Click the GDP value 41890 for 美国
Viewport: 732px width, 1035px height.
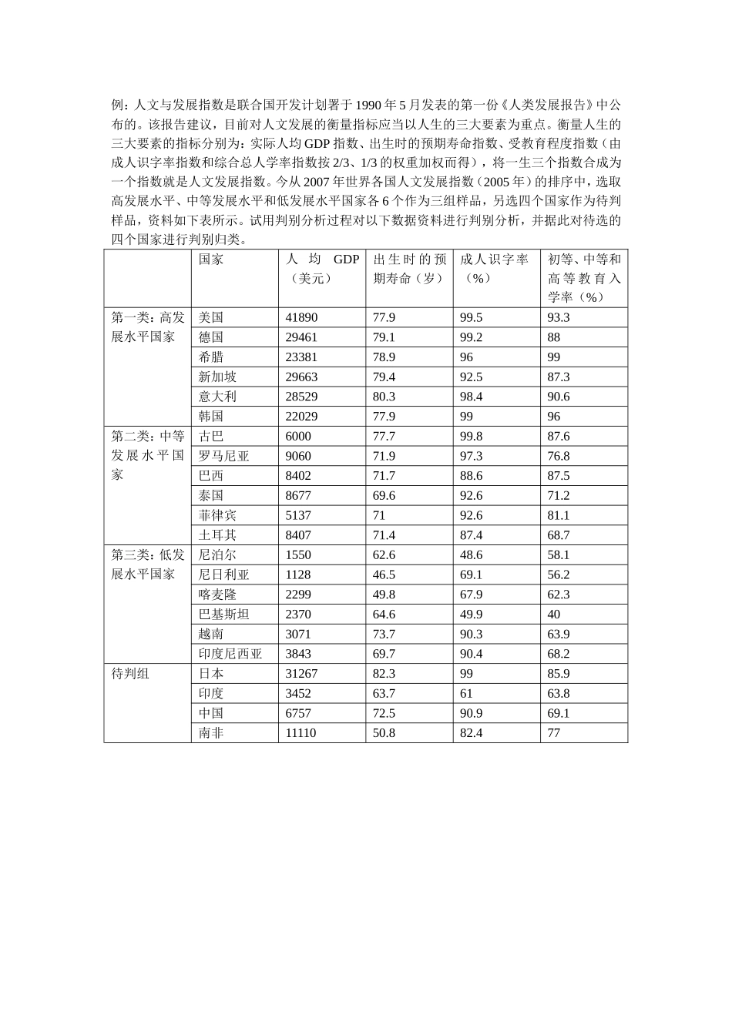tap(301, 317)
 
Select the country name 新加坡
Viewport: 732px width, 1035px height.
tap(217, 377)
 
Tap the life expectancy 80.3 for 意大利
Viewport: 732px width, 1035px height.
tap(384, 397)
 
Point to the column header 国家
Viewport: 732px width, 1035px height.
tap(211, 260)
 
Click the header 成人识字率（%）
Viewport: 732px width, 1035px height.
tap(495, 269)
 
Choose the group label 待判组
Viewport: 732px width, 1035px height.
tap(130, 674)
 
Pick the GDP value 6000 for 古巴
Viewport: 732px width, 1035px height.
tap(298, 436)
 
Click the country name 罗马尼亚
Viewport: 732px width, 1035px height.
tap(223, 456)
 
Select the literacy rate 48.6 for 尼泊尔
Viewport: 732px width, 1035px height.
tap(472, 554)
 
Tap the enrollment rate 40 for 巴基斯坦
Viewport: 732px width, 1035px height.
tap(554, 615)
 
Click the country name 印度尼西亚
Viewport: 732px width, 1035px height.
tap(230, 654)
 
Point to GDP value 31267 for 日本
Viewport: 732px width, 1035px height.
tap(301, 674)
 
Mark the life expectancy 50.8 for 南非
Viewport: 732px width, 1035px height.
tap(384, 733)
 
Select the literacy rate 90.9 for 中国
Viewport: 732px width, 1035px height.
tap(472, 713)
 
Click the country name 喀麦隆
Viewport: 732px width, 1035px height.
tap(217, 595)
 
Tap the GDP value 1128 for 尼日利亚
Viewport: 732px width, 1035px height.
tap(298, 574)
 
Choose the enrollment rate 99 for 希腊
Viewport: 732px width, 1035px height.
tap(554, 357)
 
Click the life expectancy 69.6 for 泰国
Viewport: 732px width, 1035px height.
tap(384, 495)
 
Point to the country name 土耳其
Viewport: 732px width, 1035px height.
tap(217, 535)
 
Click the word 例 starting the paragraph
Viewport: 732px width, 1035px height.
tap(117, 105)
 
